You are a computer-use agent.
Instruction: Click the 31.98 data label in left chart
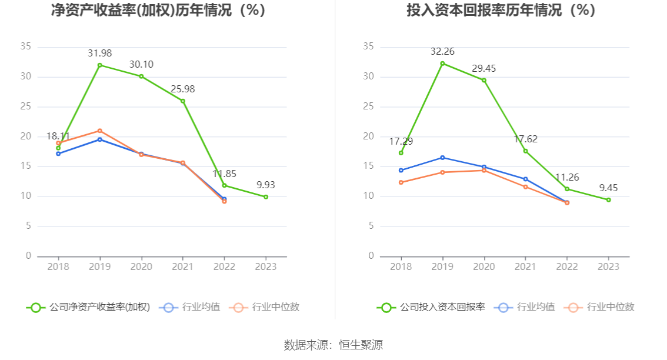99,54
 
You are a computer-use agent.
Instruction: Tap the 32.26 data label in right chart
442,52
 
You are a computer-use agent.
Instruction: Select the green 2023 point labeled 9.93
266,196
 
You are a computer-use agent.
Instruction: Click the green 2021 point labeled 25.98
183,101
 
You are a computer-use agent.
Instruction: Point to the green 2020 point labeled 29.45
484,80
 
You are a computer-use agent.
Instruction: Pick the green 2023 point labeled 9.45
609,200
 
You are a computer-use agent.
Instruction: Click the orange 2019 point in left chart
100,131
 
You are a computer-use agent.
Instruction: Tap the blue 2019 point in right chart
442,158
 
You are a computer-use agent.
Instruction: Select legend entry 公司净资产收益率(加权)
88,307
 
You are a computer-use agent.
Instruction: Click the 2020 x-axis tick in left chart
141,267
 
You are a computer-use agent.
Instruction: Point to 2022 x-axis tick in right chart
567,267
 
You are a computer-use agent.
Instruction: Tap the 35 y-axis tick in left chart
25,46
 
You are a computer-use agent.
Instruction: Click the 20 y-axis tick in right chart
368,136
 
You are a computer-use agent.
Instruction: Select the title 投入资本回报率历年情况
501,10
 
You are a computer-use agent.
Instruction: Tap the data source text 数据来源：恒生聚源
333,345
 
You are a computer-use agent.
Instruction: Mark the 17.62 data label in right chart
526,139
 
